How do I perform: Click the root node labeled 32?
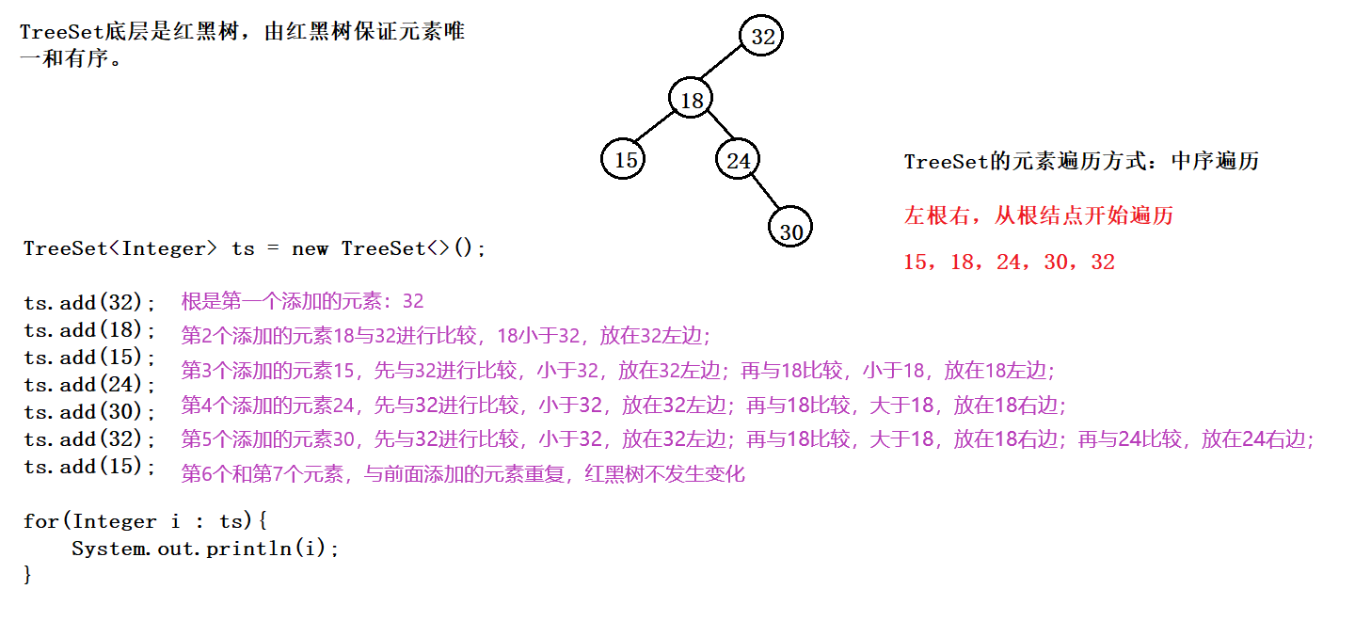tap(762, 37)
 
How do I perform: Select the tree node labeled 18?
tap(692, 100)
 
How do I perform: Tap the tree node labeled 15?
tap(626, 160)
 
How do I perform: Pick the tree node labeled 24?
tap(739, 160)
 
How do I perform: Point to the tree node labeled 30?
tap(790, 230)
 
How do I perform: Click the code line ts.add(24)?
tap(90, 385)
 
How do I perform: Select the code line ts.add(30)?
tap(90, 412)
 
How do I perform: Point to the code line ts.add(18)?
tap(90, 330)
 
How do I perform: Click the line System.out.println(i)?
tap(205, 549)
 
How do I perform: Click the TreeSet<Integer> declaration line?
tap(255, 248)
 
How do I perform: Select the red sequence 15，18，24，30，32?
tap(1009, 262)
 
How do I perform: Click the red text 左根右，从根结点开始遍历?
tap(1039, 215)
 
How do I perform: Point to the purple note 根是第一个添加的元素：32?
tap(302, 302)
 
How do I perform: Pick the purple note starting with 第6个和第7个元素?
tap(463, 473)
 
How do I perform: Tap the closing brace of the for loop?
tap(28, 574)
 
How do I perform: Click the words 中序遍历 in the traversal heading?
tap(1215, 161)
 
